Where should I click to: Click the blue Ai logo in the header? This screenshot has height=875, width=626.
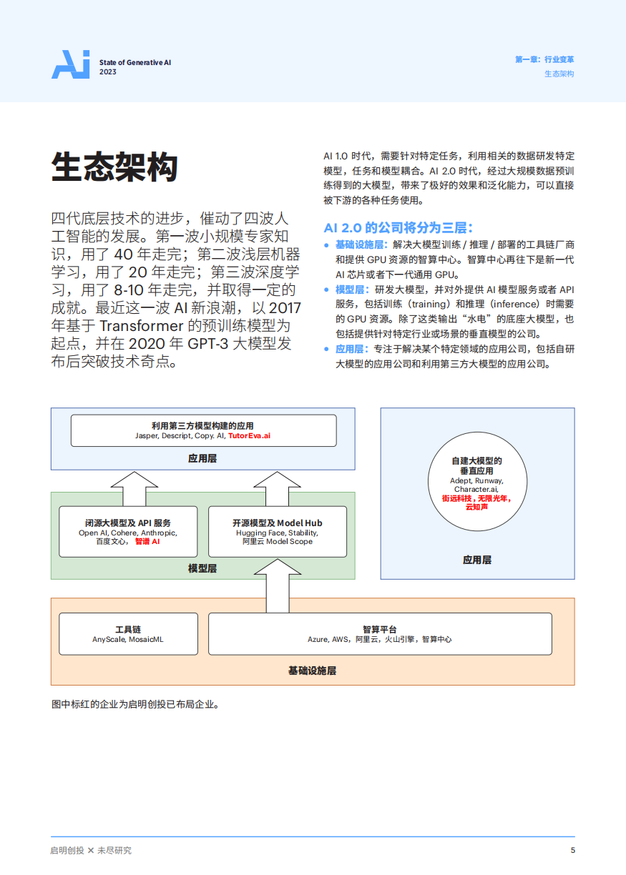(70, 64)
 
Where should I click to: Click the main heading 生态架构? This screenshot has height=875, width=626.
(114, 168)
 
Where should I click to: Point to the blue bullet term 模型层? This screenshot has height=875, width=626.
(351, 290)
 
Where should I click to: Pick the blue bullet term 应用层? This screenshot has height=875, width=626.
(351, 349)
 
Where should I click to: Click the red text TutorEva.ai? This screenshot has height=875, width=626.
(250, 435)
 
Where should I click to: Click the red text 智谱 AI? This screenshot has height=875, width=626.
(147, 542)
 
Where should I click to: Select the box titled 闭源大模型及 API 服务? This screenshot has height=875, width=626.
(128, 532)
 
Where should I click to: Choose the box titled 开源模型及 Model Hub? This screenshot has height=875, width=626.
(278, 532)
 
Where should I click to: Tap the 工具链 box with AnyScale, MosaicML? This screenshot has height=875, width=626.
(128, 633)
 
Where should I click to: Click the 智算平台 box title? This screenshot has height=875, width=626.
(379, 629)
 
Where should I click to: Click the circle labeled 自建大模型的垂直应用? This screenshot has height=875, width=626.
(476, 483)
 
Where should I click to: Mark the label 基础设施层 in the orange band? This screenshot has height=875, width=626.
(312, 671)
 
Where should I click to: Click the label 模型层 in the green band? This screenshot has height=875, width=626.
(202, 568)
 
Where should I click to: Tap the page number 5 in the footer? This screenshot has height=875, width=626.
(572, 850)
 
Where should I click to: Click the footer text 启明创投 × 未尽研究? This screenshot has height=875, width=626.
(91, 850)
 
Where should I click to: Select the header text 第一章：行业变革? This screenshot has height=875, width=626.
(544, 60)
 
